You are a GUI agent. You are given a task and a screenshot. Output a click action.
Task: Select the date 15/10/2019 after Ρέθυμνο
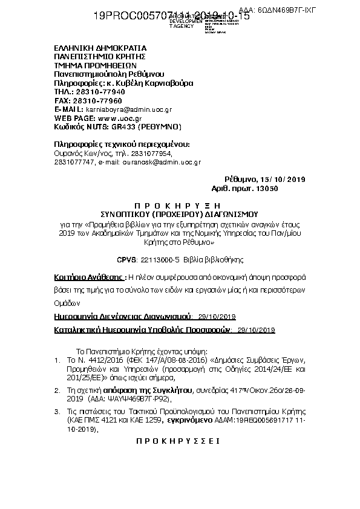click(x=284, y=180)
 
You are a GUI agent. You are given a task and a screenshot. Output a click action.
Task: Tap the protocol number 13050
click(x=267, y=189)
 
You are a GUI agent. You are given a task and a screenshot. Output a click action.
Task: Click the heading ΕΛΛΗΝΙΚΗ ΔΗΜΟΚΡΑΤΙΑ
click(x=100, y=48)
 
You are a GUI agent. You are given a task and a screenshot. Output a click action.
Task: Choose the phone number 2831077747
click(x=73, y=163)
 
